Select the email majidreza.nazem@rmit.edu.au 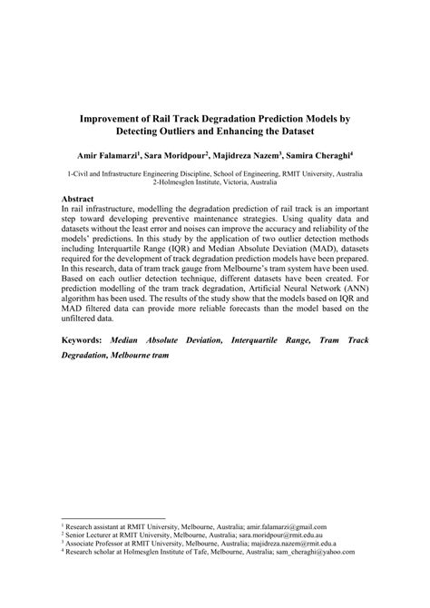286,542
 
